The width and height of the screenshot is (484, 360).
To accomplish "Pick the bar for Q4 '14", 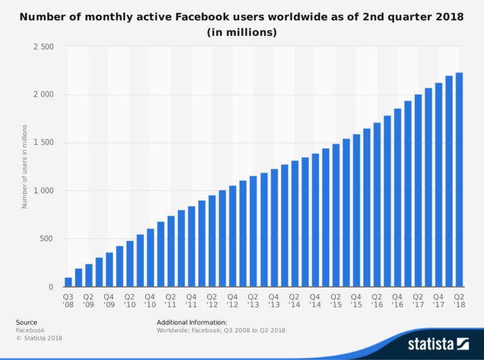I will pos(315,221).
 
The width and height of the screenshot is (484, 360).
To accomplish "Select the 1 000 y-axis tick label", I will pos(43,190).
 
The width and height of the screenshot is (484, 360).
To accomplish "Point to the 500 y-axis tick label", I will pos(46,239).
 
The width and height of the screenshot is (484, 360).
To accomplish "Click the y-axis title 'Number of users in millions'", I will pos(25,166).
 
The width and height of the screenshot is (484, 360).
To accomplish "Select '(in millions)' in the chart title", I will pos(242,32).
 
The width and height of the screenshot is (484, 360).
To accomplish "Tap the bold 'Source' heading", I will pos(26,322).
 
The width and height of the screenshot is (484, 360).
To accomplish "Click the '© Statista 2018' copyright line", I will pos(39,338).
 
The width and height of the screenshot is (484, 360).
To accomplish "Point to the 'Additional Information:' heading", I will pos(192,322).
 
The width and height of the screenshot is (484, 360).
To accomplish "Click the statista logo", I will pos(438,344).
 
